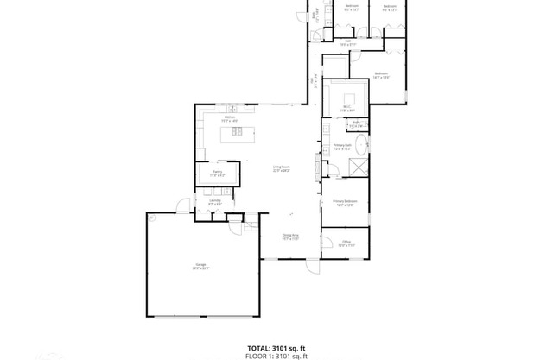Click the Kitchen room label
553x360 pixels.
230,117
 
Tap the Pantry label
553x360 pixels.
206,172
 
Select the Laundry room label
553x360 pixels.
214,200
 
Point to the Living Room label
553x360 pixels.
281,167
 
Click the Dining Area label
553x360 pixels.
290,235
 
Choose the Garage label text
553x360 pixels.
200,265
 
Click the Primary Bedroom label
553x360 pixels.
345,201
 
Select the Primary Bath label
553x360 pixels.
343,145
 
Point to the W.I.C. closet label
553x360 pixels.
346,108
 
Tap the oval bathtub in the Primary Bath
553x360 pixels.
362,144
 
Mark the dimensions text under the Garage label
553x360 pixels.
200,269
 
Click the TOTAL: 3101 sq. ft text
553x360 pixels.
276,347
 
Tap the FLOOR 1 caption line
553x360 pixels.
276,355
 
